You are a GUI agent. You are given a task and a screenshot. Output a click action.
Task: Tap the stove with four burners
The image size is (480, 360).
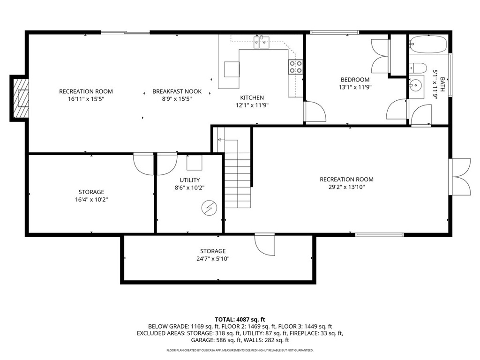[295, 67]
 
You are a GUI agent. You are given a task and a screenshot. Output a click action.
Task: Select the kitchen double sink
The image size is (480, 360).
[261, 42]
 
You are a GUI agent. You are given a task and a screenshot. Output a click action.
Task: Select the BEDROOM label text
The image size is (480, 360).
[355, 80]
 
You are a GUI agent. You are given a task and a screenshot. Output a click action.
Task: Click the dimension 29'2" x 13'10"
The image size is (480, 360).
[346, 187]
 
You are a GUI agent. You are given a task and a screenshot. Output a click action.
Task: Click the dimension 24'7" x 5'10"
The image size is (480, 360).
[213, 258]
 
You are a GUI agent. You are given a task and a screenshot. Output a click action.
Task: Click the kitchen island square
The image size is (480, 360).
[232, 69]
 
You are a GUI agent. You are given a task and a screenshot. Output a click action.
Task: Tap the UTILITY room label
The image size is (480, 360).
[190, 180]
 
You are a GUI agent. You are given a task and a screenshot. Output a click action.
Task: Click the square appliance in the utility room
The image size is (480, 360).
[195, 162]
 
